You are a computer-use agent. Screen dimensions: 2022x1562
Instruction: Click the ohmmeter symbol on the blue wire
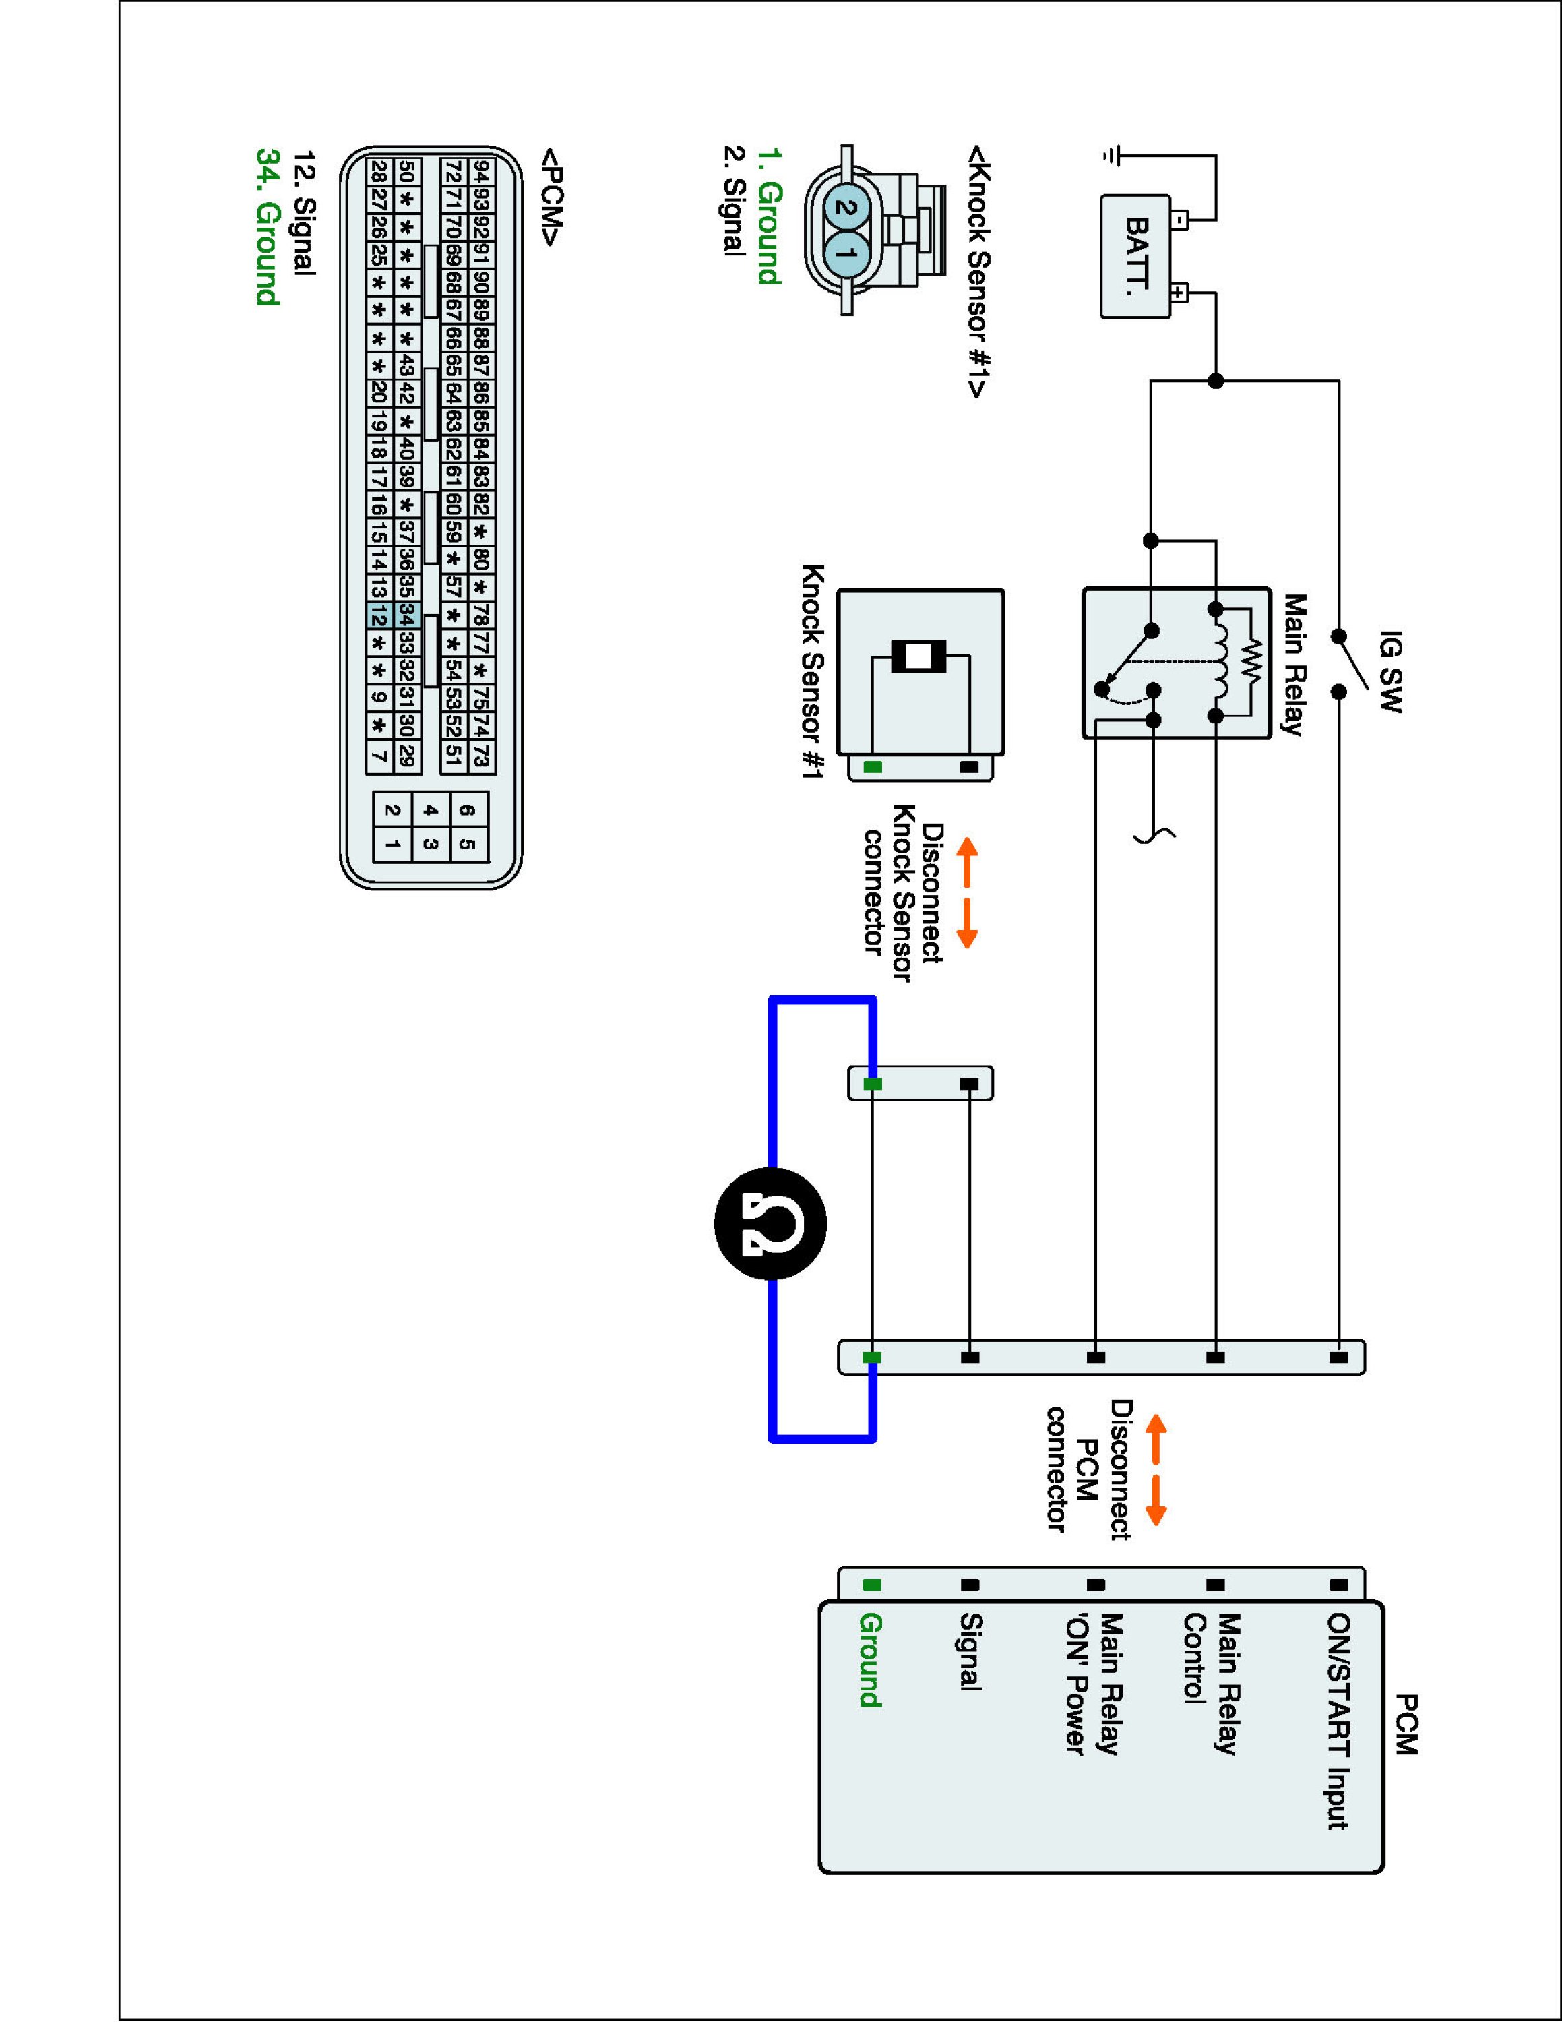[770, 1225]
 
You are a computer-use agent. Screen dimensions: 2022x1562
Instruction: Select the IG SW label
[1389, 671]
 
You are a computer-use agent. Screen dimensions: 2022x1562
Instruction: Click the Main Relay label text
[1292, 665]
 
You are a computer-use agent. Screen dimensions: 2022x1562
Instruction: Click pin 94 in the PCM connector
[481, 171]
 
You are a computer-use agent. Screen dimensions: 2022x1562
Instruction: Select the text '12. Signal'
[303, 212]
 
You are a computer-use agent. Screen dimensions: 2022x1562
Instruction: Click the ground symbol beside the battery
[1111, 156]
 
